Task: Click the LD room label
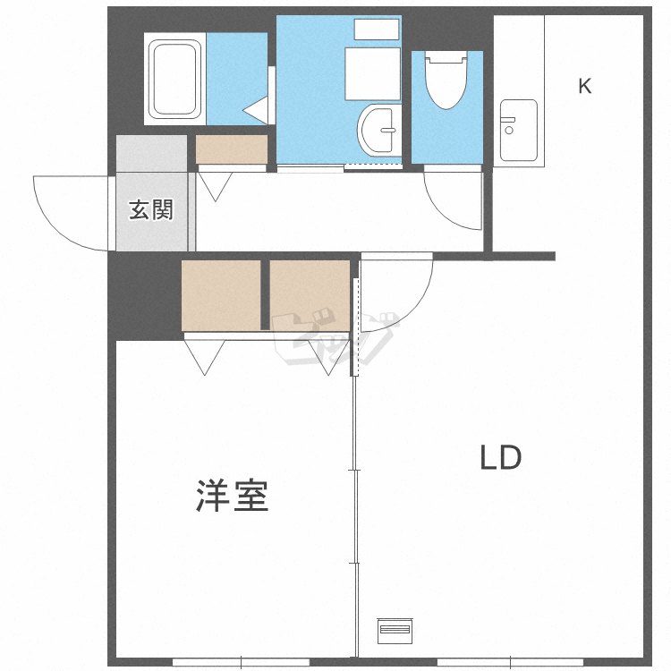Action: click(x=500, y=458)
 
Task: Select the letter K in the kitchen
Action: click(x=584, y=86)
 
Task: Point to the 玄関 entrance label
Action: click(x=150, y=210)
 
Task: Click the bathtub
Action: click(x=174, y=79)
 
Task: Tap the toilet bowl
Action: click(x=446, y=81)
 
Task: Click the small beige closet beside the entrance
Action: click(x=232, y=149)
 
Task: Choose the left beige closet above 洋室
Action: click(x=221, y=295)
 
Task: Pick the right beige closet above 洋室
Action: click(x=309, y=295)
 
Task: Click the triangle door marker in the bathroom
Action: click(x=258, y=111)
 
